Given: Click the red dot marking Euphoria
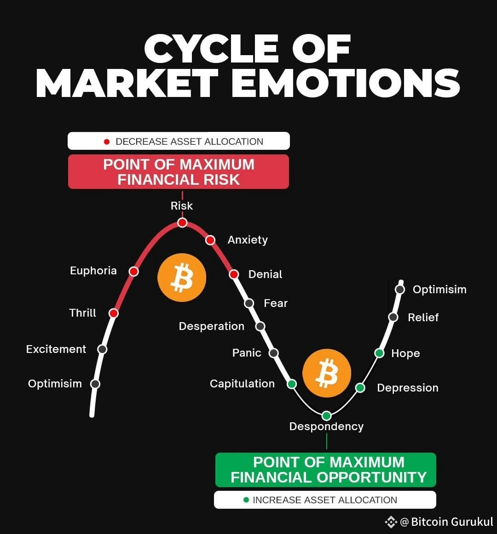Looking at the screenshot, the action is pyautogui.click(x=133, y=271).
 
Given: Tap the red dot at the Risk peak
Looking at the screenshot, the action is pyautogui.click(x=182, y=223).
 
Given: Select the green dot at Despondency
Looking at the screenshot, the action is pyautogui.click(x=326, y=416).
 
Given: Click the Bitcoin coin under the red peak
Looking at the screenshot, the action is pyautogui.click(x=182, y=278).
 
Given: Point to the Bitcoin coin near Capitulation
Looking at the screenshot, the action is pyautogui.click(x=327, y=373).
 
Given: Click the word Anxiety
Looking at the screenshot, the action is pyautogui.click(x=248, y=240).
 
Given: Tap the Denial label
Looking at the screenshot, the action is pyautogui.click(x=265, y=274).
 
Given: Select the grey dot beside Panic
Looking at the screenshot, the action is pyautogui.click(x=274, y=353).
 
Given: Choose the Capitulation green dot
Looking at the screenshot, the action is pyautogui.click(x=292, y=384).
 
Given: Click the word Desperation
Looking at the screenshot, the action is pyautogui.click(x=212, y=326).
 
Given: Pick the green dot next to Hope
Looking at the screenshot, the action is pyautogui.click(x=379, y=353).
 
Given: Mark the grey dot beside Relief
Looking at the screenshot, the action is pyautogui.click(x=393, y=317).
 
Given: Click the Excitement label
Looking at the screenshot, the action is pyautogui.click(x=56, y=349).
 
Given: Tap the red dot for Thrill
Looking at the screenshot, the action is pyautogui.click(x=114, y=313).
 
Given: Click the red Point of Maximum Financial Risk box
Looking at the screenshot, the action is pyautogui.click(x=179, y=172).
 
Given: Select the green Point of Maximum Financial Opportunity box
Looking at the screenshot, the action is pyautogui.click(x=326, y=470).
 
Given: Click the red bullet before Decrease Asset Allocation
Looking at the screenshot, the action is pyautogui.click(x=107, y=142).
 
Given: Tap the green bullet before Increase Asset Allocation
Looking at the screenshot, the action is pyautogui.click(x=246, y=500).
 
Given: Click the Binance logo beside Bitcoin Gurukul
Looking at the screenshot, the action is pyautogui.click(x=391, y=522).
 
